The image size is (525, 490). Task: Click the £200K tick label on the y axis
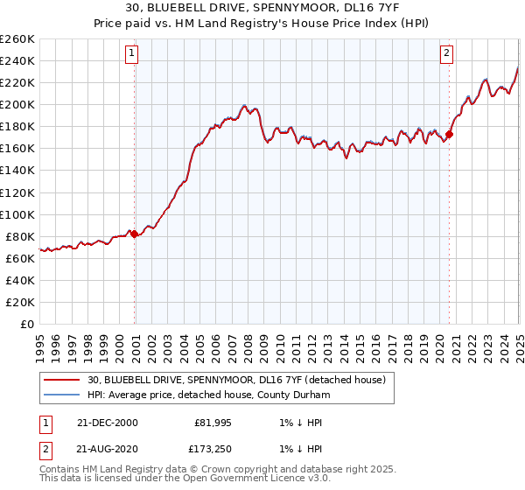[17, 104]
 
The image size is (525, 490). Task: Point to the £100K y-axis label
[17, 214]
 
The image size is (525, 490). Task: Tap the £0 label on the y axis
[27, 324]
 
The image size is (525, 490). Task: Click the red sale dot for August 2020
[450, 134]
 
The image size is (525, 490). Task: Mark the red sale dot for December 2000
[135, 234]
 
